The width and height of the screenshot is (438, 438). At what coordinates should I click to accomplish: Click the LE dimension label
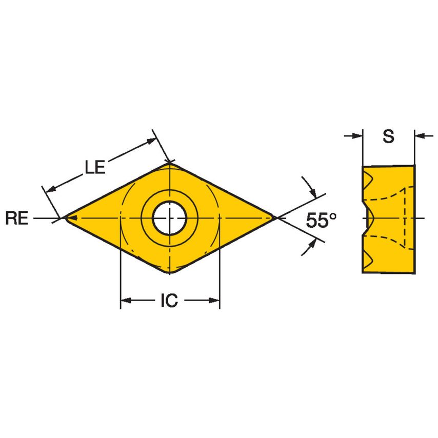click(x=95, y=167)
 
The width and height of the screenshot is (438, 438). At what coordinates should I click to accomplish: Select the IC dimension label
click(x=169, y=301)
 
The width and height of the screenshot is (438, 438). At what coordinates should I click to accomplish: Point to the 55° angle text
click(x=322, y=220)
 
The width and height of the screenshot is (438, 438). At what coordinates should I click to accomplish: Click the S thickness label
click(x=388, y=136)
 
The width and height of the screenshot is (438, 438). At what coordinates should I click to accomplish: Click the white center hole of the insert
click(x=169, y=218)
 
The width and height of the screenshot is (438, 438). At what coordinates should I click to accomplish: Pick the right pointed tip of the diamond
click(x=276, y=218)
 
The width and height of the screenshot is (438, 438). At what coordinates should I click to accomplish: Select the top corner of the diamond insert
click(x=170, y=163)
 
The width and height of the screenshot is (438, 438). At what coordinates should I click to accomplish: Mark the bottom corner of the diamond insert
click(x=170, y=273)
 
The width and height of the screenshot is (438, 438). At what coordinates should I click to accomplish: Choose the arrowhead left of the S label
click(x=357, y=136)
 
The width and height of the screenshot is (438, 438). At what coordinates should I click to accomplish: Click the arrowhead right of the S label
click(x=420, y=136)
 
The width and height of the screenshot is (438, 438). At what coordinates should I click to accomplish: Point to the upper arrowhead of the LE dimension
click(x=150, y=140)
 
